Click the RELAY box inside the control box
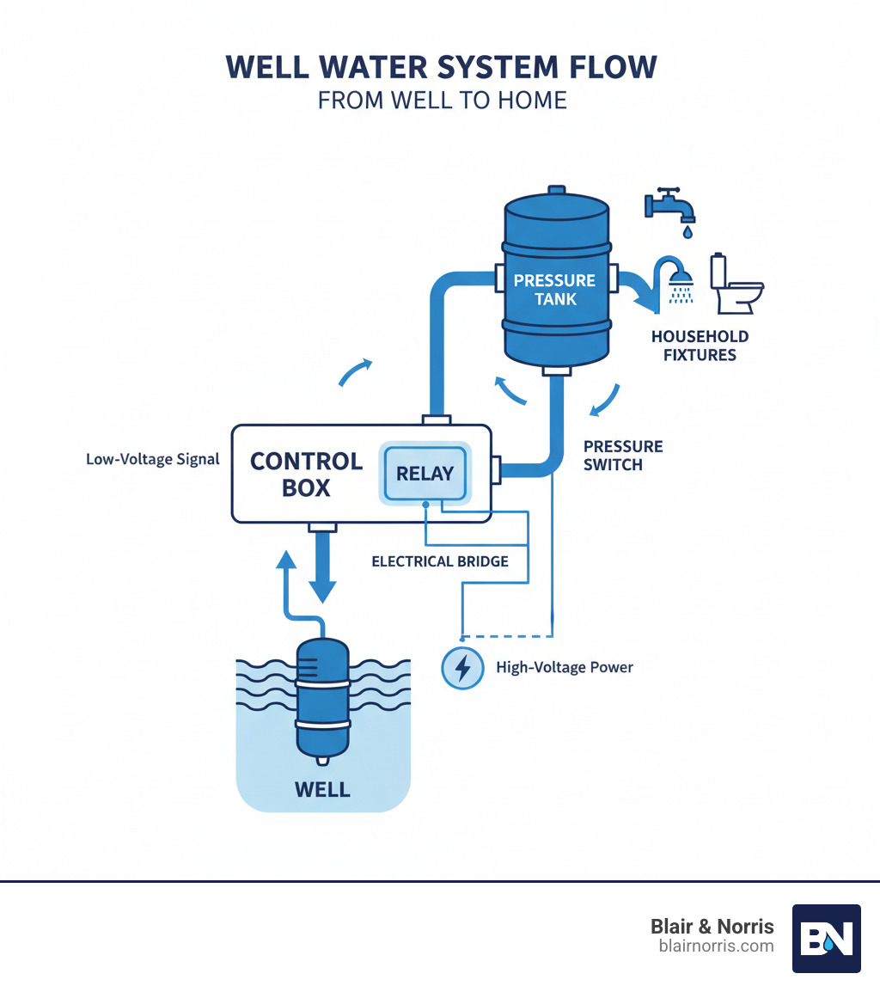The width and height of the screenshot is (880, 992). point(425,474)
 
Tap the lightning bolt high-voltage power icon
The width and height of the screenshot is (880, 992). point(462,668)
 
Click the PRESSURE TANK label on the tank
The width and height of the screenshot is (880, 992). point(554,290)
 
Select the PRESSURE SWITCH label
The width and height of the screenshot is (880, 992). point(623,455)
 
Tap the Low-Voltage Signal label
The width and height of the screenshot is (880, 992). point(153,459)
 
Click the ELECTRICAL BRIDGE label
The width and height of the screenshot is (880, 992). point(440,561)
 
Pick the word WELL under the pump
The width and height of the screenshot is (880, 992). point(322,788)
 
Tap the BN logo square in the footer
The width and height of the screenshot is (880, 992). point(826,938)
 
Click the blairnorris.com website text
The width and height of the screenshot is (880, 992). point(715,946)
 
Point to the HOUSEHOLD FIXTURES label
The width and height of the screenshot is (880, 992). point(700,345)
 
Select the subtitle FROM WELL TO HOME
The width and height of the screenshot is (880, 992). point(442,101)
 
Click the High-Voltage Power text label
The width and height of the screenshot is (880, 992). point(565,667)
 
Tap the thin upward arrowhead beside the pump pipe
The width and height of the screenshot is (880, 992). point(286,558)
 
